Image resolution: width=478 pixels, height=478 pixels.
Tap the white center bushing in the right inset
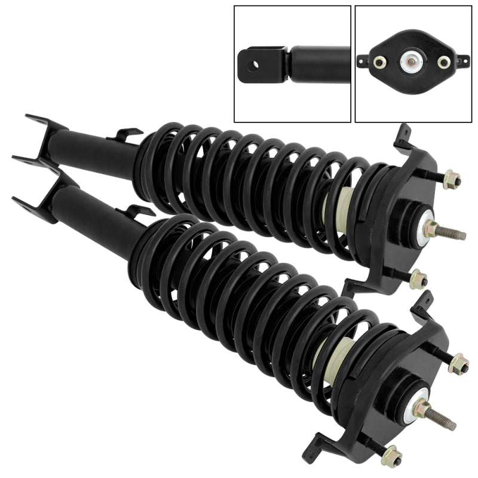(412, 61)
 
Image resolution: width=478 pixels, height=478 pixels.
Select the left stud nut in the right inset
(379, 62)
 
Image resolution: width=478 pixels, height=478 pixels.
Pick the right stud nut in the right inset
(443, 62)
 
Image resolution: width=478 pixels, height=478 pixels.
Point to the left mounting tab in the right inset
(362, 60)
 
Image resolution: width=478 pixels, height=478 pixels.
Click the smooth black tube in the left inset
(320, 60)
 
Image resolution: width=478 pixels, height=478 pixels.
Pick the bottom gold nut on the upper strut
(419, 278)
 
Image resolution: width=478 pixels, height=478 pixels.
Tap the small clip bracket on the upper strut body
(126, 134)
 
